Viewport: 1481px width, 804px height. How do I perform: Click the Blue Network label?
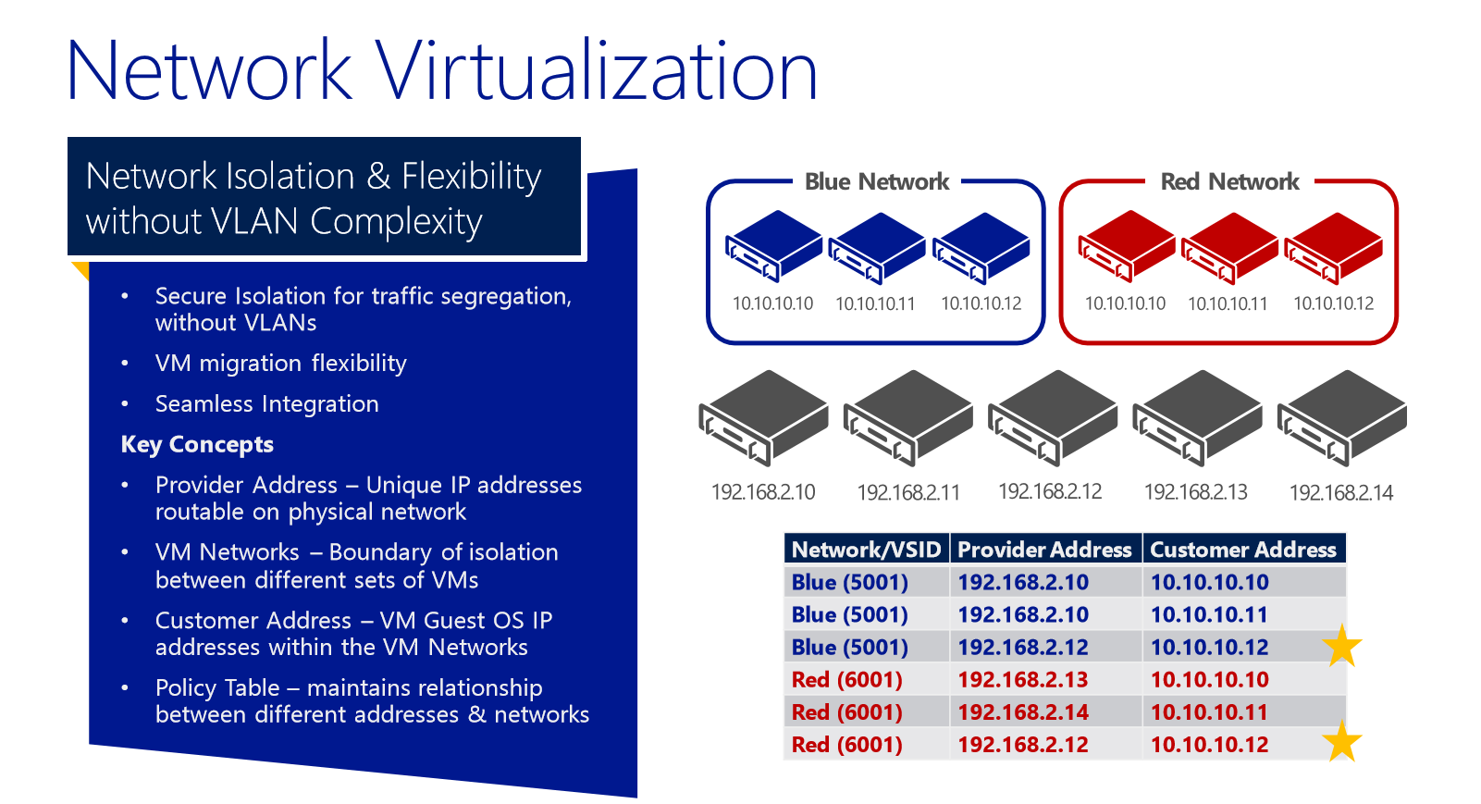(877, 181)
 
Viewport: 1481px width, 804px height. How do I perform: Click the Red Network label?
(1229, 181)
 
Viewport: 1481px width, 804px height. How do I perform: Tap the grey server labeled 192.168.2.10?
(763, 418)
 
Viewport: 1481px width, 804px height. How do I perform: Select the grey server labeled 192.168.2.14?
(1342, 418)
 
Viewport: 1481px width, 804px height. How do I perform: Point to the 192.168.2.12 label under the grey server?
(1050, 491)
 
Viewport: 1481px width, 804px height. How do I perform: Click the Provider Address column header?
(1044, 550)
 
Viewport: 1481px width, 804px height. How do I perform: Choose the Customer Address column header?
(1243, 550)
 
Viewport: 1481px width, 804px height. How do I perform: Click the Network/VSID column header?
(866, 550)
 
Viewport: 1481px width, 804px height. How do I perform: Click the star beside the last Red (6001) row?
(1342, 741)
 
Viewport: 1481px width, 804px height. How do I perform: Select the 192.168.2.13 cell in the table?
(1023, 680)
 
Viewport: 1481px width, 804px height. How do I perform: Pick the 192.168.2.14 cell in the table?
(1023, 712)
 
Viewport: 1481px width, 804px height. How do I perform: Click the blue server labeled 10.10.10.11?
(877, 248)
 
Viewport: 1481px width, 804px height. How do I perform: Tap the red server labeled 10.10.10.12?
(1334, 248)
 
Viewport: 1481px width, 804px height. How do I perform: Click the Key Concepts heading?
(197, 445)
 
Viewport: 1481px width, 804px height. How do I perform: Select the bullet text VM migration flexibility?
(281, 364)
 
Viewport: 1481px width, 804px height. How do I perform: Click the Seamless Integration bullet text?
(267, 404)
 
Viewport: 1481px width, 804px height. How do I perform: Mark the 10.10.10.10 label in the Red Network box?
(1125, 303)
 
